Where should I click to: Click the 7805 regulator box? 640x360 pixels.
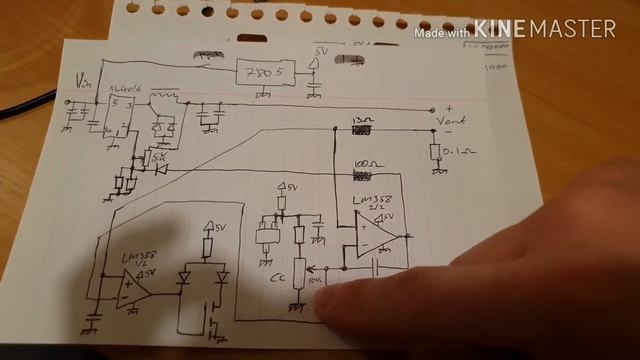click(x=264, y=73)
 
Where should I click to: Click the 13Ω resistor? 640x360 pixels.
click(x=361, y=128)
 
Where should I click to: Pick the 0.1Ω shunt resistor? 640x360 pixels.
click(x=436, y=152)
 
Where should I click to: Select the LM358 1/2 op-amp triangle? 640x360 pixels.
click(x=133, y=285)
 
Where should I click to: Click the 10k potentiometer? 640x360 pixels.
click(x=298, y=275)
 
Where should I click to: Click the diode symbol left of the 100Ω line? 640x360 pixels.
click(x=160, y=168)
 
